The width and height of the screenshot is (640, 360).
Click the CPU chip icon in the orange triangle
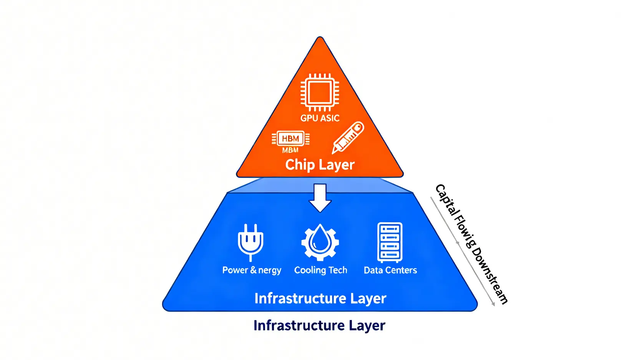pos(320,92)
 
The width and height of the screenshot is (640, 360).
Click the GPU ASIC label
pos(320,118)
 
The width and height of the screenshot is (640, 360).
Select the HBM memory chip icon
pos(290,138)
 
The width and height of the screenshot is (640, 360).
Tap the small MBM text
pos(290,150)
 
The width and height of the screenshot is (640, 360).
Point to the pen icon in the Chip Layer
pos(348,138)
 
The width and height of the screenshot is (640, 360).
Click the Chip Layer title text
pos(320,165)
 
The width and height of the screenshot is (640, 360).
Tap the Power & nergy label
pos(252,270)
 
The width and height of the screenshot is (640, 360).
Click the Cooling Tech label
pos(320,270)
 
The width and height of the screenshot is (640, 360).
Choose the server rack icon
pos(390,242)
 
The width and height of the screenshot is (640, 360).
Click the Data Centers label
pos(390,270)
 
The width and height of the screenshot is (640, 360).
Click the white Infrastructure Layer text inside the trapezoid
pos(320,299)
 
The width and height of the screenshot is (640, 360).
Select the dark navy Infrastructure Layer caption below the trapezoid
pos(319,326)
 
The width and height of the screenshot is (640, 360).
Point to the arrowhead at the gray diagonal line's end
pos(494,305)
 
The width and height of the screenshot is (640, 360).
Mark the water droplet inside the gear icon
pos(320,239)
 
